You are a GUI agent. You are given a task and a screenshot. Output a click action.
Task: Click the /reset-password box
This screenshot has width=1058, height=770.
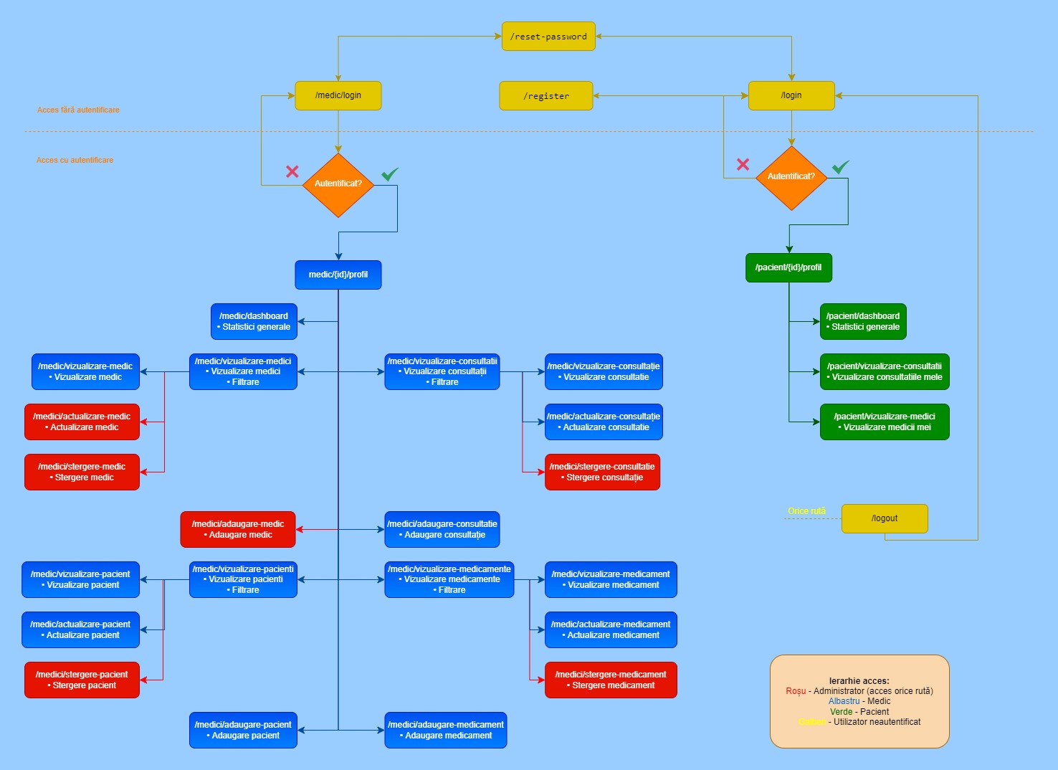pyautogui.click(x=548, y=37)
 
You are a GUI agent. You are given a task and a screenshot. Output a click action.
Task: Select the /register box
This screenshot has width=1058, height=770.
pyautogui.click(x=546, y=96)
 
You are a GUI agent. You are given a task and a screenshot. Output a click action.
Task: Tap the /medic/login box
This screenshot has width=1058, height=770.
pyautogui.click(x=338, y=95)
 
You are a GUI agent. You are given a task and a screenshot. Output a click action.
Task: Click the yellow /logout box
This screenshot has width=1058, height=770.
pyautogui.click(x=885, y=518)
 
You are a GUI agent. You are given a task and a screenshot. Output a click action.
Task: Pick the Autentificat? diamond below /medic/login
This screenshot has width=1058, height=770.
pyautogui.click(x=338, y=184)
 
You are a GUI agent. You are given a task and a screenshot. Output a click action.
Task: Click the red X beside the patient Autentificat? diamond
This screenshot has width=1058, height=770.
pyautogui.click(x=743, y=164)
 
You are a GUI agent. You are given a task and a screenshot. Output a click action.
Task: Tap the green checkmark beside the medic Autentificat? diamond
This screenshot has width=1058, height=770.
pyautogui.click(x=390, y=174)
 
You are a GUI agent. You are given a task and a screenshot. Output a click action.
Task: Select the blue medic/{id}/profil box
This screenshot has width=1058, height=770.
pyautogui.click(x=338, y=275)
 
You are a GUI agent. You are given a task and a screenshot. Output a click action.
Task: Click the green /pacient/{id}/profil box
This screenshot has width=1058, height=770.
pyautogui.click(x=788, y=267)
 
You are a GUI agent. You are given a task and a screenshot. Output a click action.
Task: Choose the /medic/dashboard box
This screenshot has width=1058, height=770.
pyautogui.click(x=254, y=321)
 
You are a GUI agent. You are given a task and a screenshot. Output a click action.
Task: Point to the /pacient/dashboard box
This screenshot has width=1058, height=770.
pyautogui.click(x=863, y=321)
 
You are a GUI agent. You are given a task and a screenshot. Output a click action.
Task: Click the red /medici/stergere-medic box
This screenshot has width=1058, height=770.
pyautogui.click(x=82, y=472)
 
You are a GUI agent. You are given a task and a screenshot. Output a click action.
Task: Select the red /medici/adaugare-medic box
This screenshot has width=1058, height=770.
pyautogui.click(x=238, y=529)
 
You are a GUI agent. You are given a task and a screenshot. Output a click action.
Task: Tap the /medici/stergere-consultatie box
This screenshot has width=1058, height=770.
pyautogui.click(x=602, y=472)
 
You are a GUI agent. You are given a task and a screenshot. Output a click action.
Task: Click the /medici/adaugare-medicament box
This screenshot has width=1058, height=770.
pyautogui.click(x=446, y=730)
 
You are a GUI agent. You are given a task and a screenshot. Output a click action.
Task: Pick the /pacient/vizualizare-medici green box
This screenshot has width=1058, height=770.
pyautogui.click(x=885, y=422)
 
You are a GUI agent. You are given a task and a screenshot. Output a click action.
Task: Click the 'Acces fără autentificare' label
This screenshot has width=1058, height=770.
pyautogui.click(x=78, y=110)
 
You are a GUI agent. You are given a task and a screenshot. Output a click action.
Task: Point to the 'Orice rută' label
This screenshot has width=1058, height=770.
pyautogui.click(x=806, y=511)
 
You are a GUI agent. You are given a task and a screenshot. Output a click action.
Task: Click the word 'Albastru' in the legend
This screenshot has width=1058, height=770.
pyautogui.click(x=844, y=701)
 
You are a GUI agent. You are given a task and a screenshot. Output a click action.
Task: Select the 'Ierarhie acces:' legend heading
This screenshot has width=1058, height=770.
pyautogui.click(x=859, y=681)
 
